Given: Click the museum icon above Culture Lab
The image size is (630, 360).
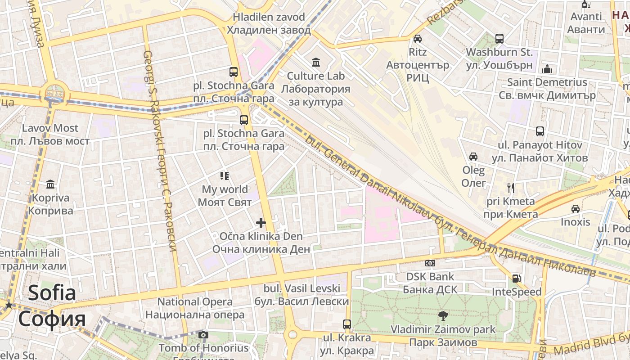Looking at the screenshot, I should click(316, 62).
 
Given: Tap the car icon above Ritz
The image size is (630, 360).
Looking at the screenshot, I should click(418, 39).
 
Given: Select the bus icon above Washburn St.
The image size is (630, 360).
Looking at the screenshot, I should click(499, 39).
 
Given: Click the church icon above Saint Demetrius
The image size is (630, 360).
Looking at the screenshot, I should click(547, 69).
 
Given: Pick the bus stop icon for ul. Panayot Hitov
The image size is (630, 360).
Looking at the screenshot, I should click(540, 131).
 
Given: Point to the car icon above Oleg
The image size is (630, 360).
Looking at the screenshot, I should click(473, 157).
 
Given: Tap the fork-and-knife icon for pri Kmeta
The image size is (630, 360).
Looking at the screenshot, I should click(511, 188).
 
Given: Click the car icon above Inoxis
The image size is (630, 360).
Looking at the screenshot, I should click(575, 209).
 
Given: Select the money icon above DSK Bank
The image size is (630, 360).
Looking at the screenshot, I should click(430, 263).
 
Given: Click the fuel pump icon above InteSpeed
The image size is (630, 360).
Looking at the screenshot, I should click(517, 279).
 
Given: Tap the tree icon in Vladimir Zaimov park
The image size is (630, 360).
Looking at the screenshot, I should click(443, 316).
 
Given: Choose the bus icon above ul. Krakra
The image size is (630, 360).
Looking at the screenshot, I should click(346, 324).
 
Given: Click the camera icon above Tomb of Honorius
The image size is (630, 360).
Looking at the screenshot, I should click(203, 335).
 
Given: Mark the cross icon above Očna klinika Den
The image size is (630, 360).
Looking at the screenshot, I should click(261, 223).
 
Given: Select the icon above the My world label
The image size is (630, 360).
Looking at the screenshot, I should click(225, 176).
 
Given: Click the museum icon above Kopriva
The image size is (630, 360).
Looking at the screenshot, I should click(50, 184).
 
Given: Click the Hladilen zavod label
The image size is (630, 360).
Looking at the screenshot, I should click(269, 23).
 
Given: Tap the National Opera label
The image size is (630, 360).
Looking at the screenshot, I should click(195, 308).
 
